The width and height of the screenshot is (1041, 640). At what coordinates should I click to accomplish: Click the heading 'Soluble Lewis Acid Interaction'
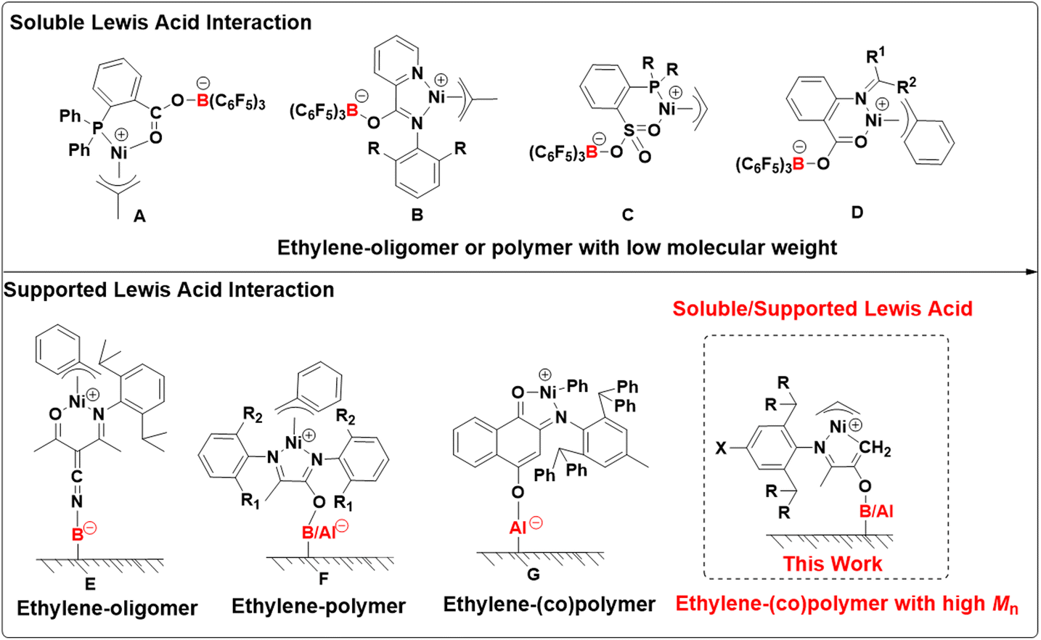(x=160, y=22)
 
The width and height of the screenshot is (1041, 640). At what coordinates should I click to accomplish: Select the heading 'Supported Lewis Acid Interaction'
(x=169, y=290)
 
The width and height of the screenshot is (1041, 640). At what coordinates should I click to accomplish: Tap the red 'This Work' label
(x=832, y=564)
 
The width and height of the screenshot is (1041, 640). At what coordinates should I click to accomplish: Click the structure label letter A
(x=139, y=216)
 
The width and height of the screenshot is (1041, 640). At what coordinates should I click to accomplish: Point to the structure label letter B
(x=417, y=215)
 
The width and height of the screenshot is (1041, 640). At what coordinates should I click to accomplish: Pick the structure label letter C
(x=627, y=215)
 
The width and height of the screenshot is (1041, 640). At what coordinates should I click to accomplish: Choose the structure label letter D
(x=857, y=212)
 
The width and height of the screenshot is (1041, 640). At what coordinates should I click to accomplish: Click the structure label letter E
(x=90, y=584)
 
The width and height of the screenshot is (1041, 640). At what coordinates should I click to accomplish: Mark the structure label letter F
(x=323, y=578)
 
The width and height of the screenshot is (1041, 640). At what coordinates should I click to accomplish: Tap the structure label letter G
(x=533, y=575)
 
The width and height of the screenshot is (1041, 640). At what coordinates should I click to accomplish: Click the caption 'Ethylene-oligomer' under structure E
(x=107, y=608)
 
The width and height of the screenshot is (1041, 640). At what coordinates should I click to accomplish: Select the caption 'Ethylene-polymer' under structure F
(x=318, y=607)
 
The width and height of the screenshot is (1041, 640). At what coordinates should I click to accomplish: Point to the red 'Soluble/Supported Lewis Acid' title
(x=822, y=308)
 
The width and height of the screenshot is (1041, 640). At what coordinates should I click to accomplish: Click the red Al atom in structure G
(x=518, y=528)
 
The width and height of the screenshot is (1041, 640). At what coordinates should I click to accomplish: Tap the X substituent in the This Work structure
(x=720, y=448)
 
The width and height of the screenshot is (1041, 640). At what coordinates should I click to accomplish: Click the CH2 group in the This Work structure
(x=875, y=449)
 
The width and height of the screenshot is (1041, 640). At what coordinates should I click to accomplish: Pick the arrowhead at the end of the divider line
(x=1032, y=272)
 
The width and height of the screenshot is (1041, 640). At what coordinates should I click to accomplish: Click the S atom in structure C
(x=629, y=131)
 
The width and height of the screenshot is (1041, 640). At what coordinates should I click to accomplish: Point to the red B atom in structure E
(x=76, y=535)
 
